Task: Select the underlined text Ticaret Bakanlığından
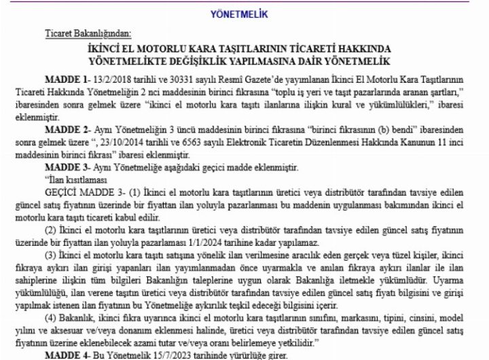click(x=88, y=33)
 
